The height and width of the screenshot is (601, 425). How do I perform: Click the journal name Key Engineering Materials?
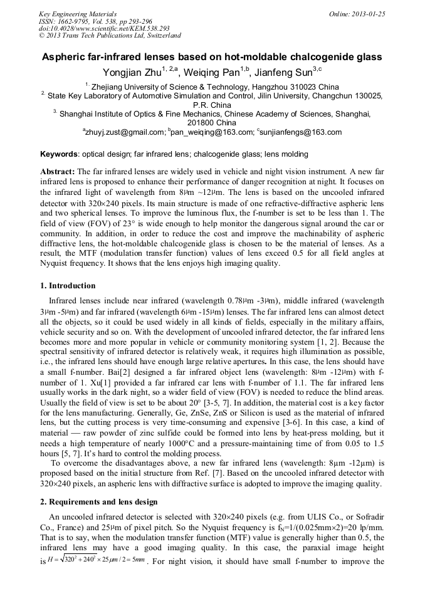[77, 13]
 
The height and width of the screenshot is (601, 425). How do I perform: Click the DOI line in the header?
[103, 28]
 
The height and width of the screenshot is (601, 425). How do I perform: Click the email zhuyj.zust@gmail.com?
[125, 132]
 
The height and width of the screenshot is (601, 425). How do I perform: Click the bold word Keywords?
[60, 154]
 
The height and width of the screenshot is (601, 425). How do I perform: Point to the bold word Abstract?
[57, 171]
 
